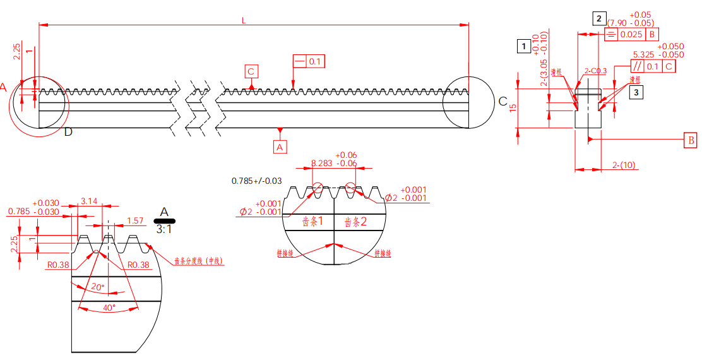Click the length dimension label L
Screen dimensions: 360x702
pos(244,20)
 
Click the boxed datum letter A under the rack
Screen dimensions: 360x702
pos(280,147)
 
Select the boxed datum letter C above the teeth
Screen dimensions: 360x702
pos(251,71)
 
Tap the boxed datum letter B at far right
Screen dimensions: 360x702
pos(691,140)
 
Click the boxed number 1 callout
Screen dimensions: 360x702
pos(523,45)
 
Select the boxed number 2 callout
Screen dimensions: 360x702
pos(598,18)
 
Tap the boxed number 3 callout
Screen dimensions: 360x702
pos(636,92)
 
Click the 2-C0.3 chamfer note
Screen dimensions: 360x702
pos(595,71)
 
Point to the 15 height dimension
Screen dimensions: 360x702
pos(513,107)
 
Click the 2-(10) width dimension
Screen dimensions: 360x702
pos(624,165)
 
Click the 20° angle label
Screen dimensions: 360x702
pos(97,287)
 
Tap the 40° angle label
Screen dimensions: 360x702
pos(109,308)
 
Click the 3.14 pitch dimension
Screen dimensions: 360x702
pos(89,201)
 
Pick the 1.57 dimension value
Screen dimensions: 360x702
pos(135,221)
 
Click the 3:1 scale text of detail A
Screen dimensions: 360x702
pos(164,230)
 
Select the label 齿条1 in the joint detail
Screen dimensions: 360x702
pos(313,222)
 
